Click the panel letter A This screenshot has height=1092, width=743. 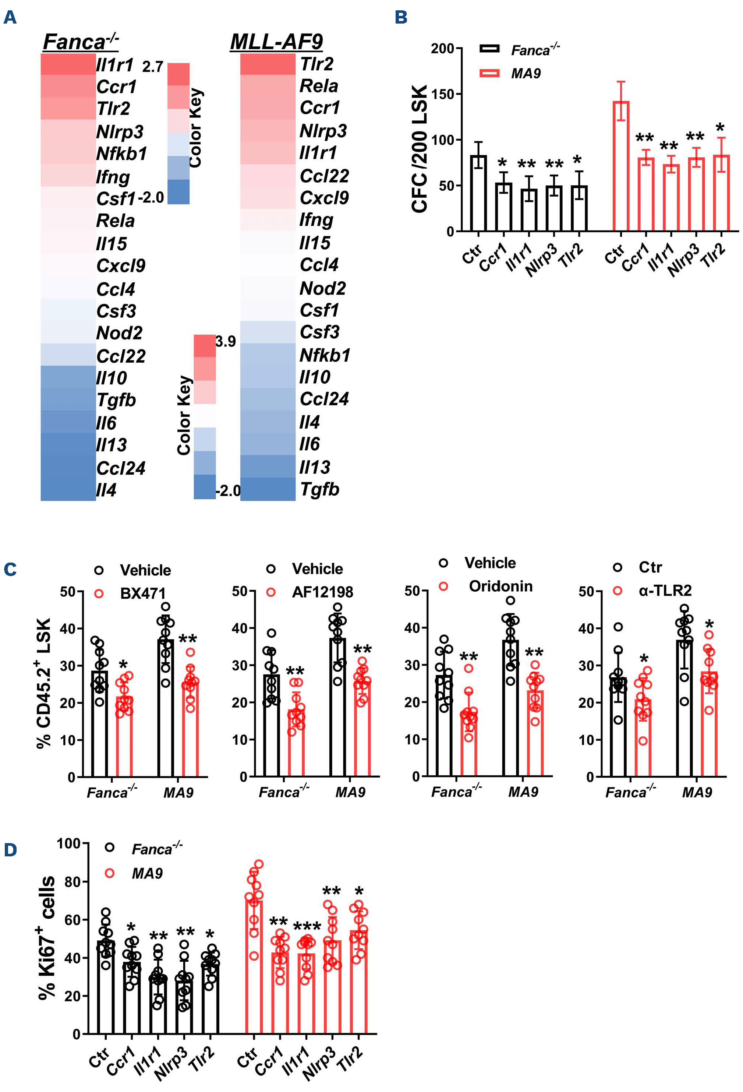10,18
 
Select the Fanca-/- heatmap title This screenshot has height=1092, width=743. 80,42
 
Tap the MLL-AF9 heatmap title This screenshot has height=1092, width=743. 276,42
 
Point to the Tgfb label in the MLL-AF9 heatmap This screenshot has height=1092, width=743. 319,489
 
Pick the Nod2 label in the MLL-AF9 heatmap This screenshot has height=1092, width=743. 323,288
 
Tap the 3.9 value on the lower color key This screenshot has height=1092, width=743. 226,341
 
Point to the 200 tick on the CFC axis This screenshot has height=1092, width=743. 442,48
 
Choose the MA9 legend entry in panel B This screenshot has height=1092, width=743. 526,73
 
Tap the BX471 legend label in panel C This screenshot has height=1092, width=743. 143,593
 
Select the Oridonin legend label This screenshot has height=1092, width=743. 500,586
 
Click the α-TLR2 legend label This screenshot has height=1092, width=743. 665,590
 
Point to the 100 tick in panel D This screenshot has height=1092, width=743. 68,843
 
